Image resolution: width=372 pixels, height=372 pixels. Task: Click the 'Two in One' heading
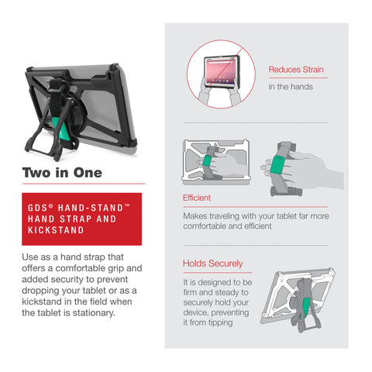coord(62,173)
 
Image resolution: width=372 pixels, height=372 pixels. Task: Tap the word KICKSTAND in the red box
coord(56,230)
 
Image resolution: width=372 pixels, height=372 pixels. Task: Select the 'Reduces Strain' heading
coord(296,70)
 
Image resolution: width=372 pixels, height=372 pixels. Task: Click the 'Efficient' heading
coord(197,198)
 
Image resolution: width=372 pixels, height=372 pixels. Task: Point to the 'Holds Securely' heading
coord(213,263)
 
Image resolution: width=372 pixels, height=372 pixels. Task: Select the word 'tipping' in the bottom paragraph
coord(221,323)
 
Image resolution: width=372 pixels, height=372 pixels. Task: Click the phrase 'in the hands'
coord(291,87)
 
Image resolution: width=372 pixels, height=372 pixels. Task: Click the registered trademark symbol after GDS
coord(51,205)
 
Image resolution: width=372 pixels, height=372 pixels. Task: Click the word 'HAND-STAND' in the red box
coord(91,208)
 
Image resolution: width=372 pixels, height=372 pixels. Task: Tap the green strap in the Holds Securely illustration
coord(306,308)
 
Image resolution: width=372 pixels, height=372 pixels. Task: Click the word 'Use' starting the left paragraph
coord(30,257)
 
